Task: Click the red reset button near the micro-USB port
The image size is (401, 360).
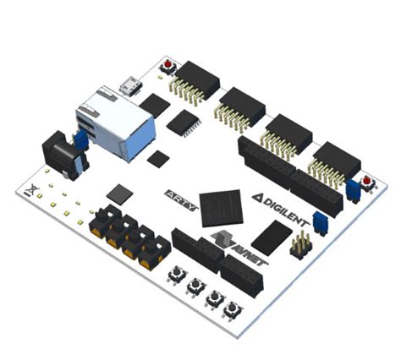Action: (x=169, y=67)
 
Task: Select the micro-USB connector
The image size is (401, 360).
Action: (x=129, y=86)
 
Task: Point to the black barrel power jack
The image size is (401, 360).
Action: (x=58, y=152)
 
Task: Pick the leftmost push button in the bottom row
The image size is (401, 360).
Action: (x=178, y=274)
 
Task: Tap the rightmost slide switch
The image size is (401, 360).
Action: (x=155, y=250)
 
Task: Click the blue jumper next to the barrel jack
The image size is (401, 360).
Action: (x=82, y=138)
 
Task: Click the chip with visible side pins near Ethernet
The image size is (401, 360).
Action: (x=182, y=123)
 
